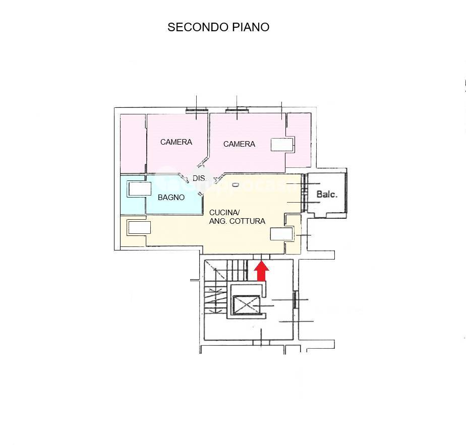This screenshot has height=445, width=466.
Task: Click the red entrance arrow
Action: point(261,271)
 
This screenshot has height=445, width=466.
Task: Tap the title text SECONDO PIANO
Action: point(218,27)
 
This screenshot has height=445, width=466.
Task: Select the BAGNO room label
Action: point(171,197)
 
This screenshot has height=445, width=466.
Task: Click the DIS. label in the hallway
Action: point(199,178)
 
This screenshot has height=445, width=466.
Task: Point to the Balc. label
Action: point(327,195)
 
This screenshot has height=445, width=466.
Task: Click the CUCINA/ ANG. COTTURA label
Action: point(237,217)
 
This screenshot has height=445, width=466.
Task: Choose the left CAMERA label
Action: point(176,142)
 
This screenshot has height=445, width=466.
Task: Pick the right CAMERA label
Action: point(239,144)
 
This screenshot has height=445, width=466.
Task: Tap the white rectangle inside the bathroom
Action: point(140,189)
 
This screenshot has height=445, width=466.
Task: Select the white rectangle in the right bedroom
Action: point(282,145)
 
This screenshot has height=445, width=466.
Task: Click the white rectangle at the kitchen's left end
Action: point(139,228)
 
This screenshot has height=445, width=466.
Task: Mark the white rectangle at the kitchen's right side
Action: point(281,234)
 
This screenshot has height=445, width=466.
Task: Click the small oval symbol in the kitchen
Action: point(236,185)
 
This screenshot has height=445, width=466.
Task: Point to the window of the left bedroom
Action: point(197,111)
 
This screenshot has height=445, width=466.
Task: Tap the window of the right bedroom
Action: point(237,111)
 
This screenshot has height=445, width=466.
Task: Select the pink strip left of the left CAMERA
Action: point(133,144)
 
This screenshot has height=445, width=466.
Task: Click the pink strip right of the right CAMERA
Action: point(299,140)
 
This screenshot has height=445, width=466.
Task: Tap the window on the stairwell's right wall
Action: point(295,300)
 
